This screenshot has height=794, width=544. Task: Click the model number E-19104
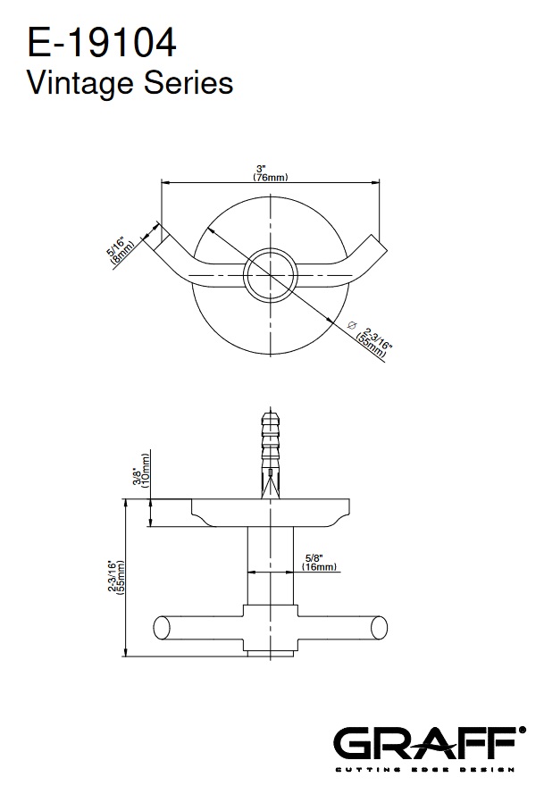point(102,43)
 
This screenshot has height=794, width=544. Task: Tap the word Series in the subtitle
point(188,82)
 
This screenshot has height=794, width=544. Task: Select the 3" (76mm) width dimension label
point(270,172)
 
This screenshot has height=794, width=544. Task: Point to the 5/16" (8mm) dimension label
point(120,252)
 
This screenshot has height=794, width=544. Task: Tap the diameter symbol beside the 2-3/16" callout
point(353,324)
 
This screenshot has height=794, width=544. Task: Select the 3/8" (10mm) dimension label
point(141,470)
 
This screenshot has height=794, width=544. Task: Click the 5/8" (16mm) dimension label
point(319,562)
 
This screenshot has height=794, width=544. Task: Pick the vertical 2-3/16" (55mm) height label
point(116,577)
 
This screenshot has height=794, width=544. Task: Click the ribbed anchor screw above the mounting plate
point(270,455)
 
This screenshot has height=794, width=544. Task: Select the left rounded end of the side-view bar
point(161,627)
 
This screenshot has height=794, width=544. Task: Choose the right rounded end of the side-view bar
point(380,627)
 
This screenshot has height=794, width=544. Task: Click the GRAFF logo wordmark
point(424,743)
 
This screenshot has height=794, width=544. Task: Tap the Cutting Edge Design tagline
point(424,770)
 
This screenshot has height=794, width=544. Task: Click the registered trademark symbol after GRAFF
point(523,730)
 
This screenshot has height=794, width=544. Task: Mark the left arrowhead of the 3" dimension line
point(165,182)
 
